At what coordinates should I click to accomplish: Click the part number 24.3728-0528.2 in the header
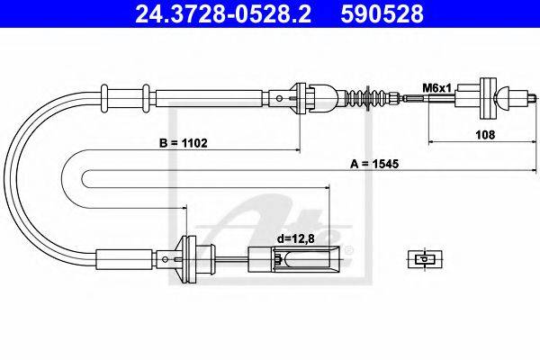coord(223,13)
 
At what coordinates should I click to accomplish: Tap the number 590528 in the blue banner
coord(382,13)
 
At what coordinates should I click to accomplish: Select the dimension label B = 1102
coord(184,143)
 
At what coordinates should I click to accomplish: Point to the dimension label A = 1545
coord(374,164)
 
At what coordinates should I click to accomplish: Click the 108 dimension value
coord(485,135)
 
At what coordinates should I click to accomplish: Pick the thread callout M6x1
coord(436,88)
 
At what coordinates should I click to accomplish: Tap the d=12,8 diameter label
coord(296,238)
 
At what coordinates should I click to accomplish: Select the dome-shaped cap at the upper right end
coord(502,98)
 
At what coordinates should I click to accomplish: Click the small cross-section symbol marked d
coord(425,259)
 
